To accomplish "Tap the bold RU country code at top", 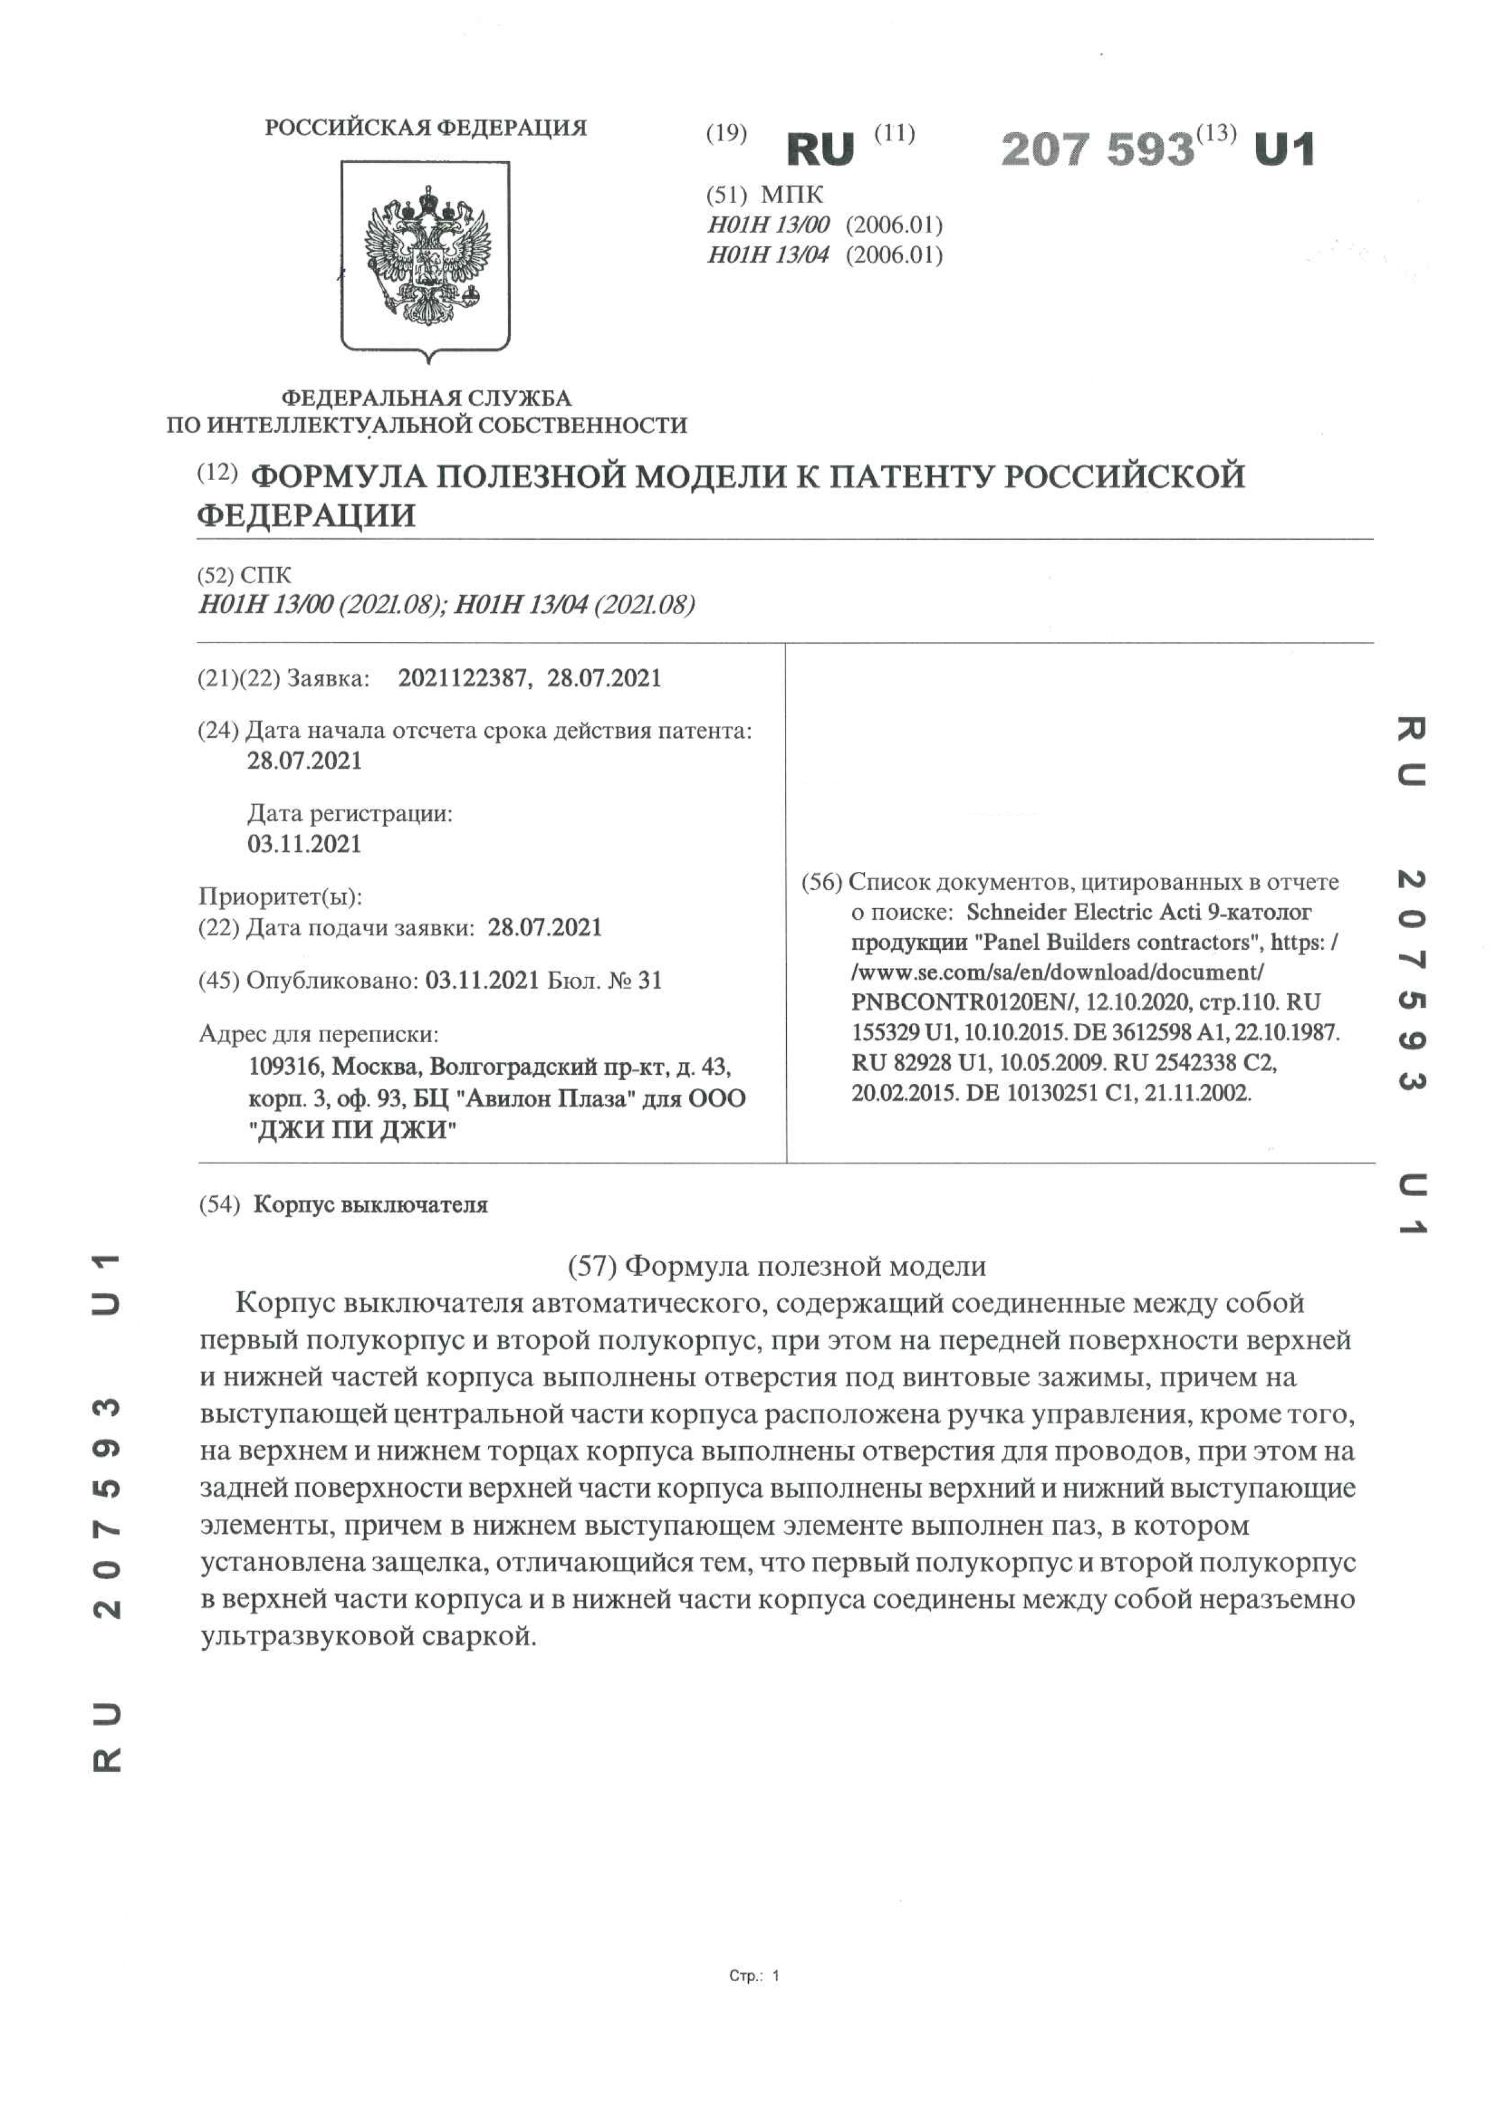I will click(820, 149).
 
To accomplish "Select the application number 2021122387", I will click(464, 679).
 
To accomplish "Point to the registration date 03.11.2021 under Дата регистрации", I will click(304, 844).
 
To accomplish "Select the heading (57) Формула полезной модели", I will click(777, 1266).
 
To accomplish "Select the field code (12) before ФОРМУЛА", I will click(217, 473).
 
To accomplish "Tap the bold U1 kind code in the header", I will click(1284, 149).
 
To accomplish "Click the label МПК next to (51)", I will click(792, 194).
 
